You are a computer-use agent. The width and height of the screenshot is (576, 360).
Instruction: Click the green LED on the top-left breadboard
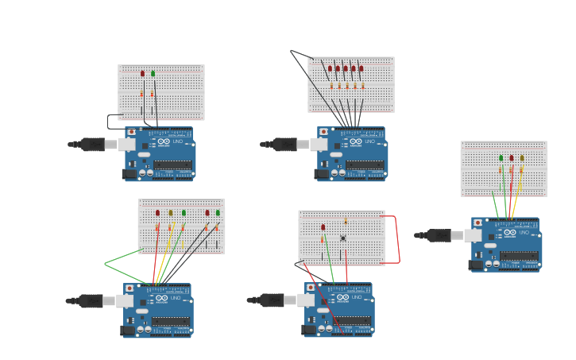pos(153,73)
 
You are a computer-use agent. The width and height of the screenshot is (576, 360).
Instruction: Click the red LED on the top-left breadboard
pos(143,73)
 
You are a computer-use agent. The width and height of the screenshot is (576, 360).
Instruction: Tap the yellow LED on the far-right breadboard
pos(522,158)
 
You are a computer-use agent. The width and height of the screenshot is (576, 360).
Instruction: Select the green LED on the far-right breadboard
pos(501,158)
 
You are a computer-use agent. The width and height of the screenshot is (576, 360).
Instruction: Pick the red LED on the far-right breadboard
pos(511,158)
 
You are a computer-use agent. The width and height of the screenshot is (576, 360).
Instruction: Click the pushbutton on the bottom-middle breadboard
pos(343,238)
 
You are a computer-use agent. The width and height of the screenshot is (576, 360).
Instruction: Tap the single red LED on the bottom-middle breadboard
pos(323,227)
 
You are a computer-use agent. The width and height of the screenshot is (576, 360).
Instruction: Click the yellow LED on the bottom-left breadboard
pos(170,213)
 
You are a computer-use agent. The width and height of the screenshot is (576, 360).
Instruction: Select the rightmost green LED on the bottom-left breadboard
pos(218,213)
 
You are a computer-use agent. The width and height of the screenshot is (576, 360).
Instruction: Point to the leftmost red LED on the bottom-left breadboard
pos(157,213)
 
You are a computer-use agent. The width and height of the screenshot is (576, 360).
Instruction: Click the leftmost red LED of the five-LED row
pos(331,68)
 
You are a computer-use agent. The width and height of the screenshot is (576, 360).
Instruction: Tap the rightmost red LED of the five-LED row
pos(361,68)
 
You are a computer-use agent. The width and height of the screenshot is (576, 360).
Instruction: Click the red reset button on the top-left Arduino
pos(131,132)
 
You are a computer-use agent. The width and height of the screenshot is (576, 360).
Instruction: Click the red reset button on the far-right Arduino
pos(477,223)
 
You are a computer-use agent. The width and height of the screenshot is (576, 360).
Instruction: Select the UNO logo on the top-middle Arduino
pos(369,141)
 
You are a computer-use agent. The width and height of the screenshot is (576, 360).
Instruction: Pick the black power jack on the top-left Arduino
pos(128,173)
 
